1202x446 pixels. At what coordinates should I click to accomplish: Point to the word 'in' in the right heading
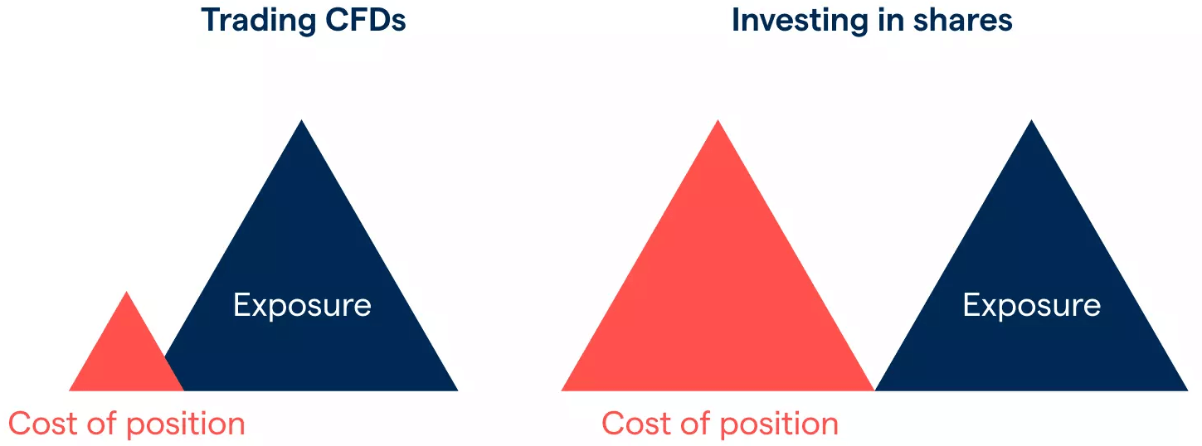pyautogui.click(x=890, y=21)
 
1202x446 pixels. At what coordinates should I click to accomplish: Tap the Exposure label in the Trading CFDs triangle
pyautogui.click(x=302, y=306)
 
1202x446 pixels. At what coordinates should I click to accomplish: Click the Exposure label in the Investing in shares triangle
pyautogui.click(x=1031, y=306)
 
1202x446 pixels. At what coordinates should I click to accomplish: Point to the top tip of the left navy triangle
pyautogui.click(x=302, y=119)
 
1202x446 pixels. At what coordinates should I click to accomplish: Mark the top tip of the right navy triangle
pyautogui.click(x=1031, y=119)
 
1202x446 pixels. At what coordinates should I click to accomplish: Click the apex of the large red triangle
pyautogui.click(x=718, y=119)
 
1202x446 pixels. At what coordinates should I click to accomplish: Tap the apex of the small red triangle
pyautogui.click(x=127, y=292)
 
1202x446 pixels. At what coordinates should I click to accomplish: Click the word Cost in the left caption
pyautogui.click(x=43, y=424)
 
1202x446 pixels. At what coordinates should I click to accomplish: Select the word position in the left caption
pyautogui.click(x=186, y=425)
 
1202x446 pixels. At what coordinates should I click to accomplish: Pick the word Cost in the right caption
pyautogui.click(x=636, y=424)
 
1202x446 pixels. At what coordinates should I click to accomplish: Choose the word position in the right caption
pyautogui.click(x=779, y=425)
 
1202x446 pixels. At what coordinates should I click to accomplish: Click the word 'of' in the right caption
pyautogui.click(x=696, y=423)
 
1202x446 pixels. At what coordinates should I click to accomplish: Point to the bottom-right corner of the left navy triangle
pyautogui.click(x=458, y=390)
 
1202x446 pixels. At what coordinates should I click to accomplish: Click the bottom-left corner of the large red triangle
pyautogui.click(x=562, y=390)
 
